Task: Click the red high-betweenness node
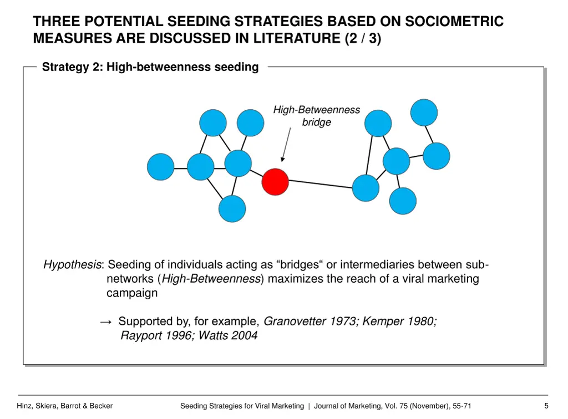(x=275, y=182)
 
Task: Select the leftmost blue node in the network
(x=160, y=167)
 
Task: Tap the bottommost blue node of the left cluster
(x=232, y=209)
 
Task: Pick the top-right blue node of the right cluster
(x=424, y=113)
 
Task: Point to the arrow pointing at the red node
(x=286, y=145)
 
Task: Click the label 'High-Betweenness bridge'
(x=316, y=116)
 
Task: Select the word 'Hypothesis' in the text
(x=72, y=265)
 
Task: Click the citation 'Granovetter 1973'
(x=310, y=321)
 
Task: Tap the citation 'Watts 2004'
(x=228, y=336)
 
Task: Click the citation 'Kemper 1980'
(x=399, y=321)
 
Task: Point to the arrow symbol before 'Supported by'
(x=106, y=322)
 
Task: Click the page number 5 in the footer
(x=546, y=406)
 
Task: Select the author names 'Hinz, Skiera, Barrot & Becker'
(x=65, y=406)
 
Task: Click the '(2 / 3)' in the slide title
(x=363, y=39)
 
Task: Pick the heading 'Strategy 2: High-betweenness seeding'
(x=150, y=67)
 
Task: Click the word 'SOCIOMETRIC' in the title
(x=454, y=22)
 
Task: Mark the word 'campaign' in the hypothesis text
(x=132, y=293)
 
